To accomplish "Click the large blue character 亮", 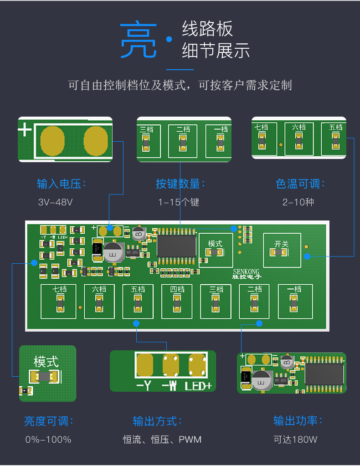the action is tap(138, 41).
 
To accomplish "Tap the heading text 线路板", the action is tap(207, 29).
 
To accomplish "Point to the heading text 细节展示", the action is tap(216, 51).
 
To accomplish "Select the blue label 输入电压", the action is tap(61, 184).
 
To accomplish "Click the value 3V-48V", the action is tap(55, 202).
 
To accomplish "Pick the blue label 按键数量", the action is tap(180, 184).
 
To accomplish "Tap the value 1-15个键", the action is tap(179, 202).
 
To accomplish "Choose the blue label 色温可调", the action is tap(300, 184).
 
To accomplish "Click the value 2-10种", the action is tap(298, 202).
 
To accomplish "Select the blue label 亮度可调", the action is tap(48, 421).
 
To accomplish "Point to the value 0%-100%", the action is tap(48, 440).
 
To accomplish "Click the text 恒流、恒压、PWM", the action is tap(162, 440).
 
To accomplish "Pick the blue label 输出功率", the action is tap(298, 421).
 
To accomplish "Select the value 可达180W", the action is tap(295, 440).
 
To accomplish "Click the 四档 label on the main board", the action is tap(177, 289).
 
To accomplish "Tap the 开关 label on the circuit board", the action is tap(281, 244).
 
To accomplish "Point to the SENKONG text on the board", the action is tap(246, 271).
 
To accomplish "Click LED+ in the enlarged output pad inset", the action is tap(198, 386).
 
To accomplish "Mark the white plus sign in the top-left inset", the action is tap(25, 130).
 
